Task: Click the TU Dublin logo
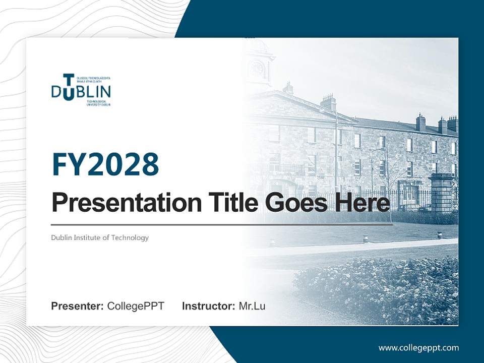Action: coord(81,90)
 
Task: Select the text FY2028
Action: coord(105,164)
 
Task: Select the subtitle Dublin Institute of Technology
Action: coord(100,237)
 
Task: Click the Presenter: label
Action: coord(78,306)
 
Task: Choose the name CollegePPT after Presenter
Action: coord(136,306)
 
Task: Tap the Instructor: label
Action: coord(208,306)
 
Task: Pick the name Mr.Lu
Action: coord(252,306)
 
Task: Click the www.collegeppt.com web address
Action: coord(418,347)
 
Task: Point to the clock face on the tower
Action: coord(257,69)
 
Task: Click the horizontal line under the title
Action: coord(222,224)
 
